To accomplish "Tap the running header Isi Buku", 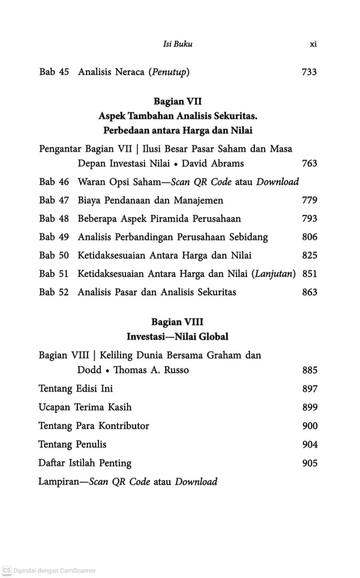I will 178,44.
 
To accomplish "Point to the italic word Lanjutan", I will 275,274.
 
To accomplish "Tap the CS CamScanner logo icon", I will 7,571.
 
